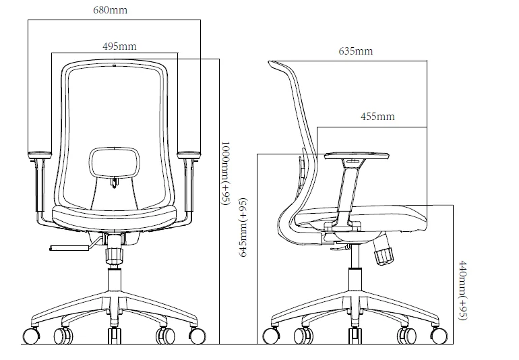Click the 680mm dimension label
pos(113,11)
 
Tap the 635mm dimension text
pos(356,51)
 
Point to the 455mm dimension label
pos(377,117)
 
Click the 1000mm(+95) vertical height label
pos(226,172)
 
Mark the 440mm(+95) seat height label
pos(463,289)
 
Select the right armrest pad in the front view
pos(189,155)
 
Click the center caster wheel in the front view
pos(114,337)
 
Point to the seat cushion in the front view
pos(114,217)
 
